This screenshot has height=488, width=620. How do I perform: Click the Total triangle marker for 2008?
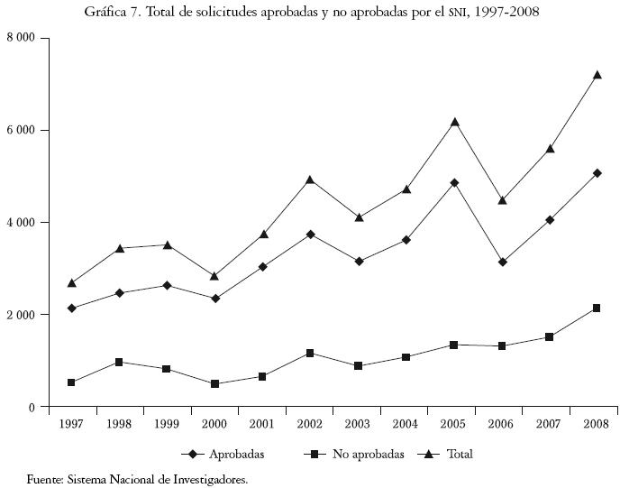596,75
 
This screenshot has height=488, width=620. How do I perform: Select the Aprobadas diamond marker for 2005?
455,182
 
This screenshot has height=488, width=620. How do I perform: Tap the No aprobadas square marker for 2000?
215,383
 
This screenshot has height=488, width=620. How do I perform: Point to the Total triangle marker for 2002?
309,180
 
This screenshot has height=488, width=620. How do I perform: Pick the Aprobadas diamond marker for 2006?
502,262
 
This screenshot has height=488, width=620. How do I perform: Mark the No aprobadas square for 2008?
596,308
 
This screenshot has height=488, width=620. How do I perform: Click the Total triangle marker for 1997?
71,283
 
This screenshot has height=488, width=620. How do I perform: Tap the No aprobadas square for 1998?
118,362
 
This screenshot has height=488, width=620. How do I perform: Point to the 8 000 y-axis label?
20,38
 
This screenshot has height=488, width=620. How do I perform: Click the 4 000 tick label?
20,222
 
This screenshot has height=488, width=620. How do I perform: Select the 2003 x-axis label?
357,424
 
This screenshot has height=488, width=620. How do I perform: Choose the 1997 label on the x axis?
71,424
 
